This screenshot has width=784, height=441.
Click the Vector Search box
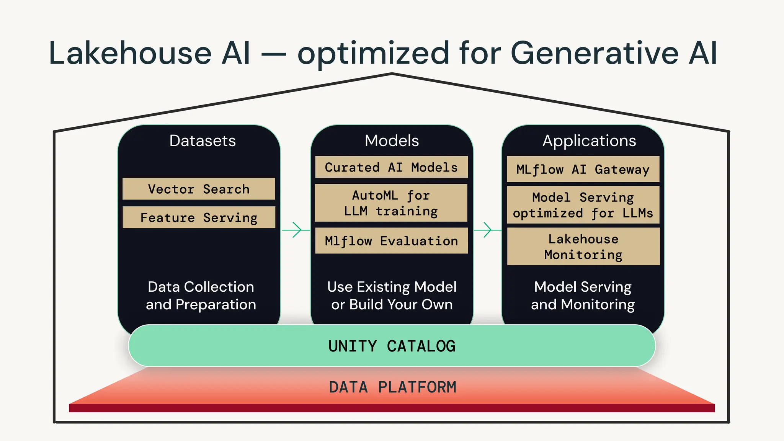point(199,189)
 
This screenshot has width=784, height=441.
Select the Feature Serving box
point(199,217)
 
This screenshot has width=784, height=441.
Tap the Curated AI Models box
point(391,167)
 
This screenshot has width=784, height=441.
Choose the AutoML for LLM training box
point(391,203)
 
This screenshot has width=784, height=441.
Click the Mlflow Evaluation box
point(391,241)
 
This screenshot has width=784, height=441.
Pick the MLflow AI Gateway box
point(583,169)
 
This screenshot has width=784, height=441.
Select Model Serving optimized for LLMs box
point(583,205)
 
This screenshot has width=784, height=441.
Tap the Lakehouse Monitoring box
point(583,247)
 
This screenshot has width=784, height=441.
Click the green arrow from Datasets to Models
point(296,230)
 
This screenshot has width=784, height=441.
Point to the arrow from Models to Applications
point(487,230)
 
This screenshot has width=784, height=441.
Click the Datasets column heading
point(203,141)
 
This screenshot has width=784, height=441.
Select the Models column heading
point(392,141)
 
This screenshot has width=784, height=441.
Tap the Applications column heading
point(589,141)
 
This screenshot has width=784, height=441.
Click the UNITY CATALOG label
point(392,346)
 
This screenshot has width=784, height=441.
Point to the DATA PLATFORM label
point(392,387)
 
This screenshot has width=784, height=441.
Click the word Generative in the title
point(595,54)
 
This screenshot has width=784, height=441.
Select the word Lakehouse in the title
point(130,54)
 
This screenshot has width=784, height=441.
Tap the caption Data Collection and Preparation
point(201,296)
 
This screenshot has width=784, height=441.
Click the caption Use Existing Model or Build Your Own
point(392,296)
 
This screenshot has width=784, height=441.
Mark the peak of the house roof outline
point(392,74)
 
